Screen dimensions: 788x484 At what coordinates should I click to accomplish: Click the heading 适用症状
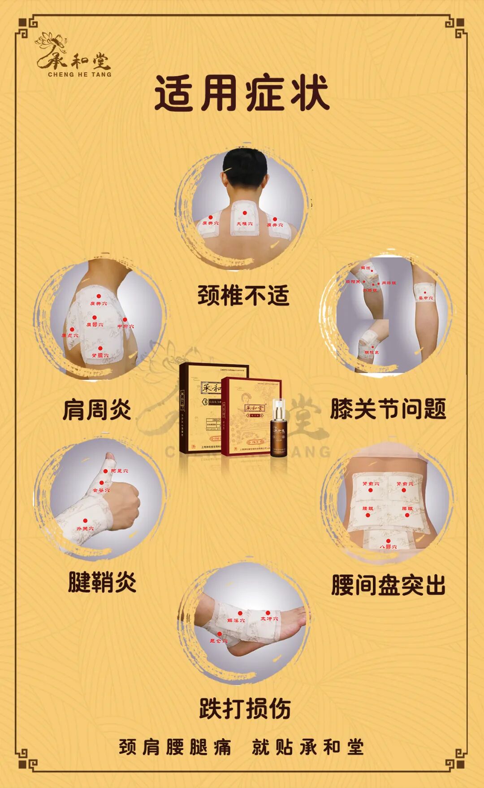coord(242,94)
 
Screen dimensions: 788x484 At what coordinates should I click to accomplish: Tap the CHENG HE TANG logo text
coord(79,74)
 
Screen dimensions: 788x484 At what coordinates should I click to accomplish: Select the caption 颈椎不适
coord(243,296)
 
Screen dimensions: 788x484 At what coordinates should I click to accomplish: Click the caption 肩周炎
coord(97,409)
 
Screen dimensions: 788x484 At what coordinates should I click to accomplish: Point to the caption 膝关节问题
coord(388,409)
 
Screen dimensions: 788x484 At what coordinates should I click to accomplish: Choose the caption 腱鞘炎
coord(102,582)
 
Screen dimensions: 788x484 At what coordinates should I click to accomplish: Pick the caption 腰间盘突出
coord(388,585)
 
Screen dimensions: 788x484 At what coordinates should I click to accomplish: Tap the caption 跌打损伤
coord(245,708)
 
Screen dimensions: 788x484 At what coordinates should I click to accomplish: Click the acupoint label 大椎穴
coord(244,223)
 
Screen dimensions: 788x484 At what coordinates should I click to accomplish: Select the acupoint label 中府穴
coord(125,326)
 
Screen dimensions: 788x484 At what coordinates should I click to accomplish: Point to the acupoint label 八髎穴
coord(388,547)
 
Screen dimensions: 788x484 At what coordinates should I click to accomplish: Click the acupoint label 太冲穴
coord(269,619)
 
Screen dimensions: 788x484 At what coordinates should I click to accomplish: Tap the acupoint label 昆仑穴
coord(219,641)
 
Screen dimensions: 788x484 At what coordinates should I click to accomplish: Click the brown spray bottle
coord(277,431)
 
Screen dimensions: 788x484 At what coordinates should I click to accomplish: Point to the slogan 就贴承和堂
coord(307,747)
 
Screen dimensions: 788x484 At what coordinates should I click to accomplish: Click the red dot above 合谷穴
coord(102,483)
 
